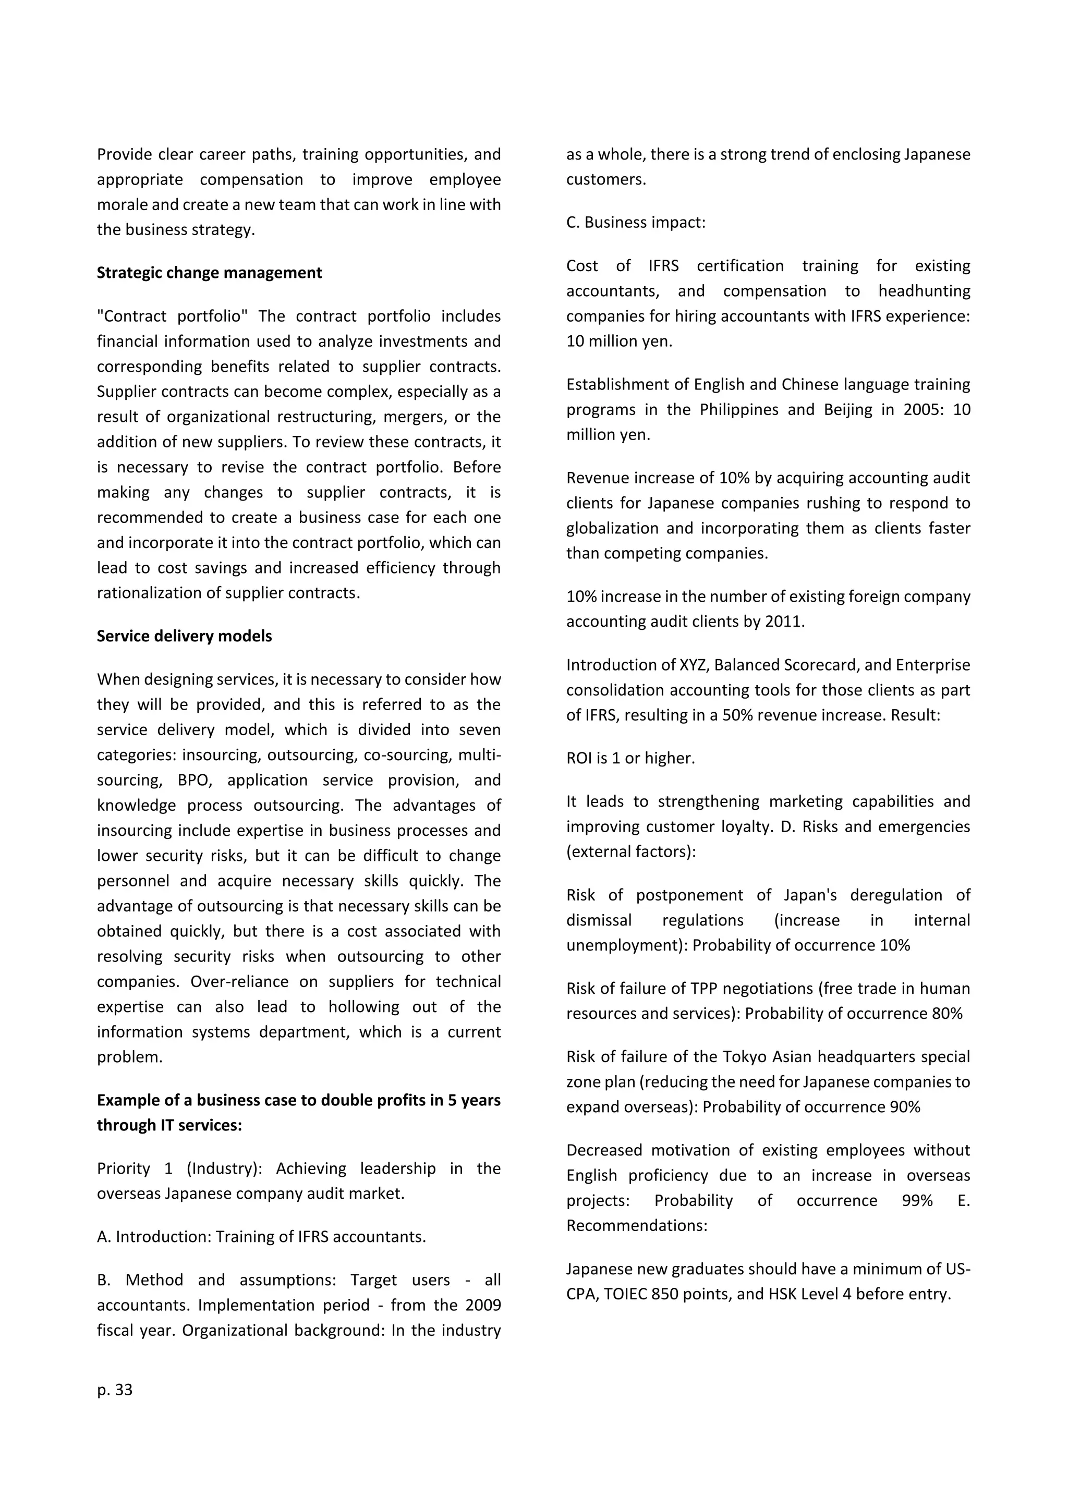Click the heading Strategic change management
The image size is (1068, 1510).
(x=209, y=273)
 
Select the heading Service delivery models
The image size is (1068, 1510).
(x=184, y=636)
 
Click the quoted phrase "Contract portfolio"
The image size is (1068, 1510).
(x=172, y=316)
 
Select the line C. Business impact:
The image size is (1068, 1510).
(x=635, y=222)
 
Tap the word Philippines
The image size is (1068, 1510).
(x=738, y=410)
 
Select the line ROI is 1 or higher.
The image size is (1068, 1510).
(x=630, y=758)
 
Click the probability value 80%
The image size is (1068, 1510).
(x=947, y=1014)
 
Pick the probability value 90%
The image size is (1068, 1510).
(x=905, y=1107)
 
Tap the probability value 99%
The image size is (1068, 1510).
(x=917, y=1200)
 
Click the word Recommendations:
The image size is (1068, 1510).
(x=637, y=1225)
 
